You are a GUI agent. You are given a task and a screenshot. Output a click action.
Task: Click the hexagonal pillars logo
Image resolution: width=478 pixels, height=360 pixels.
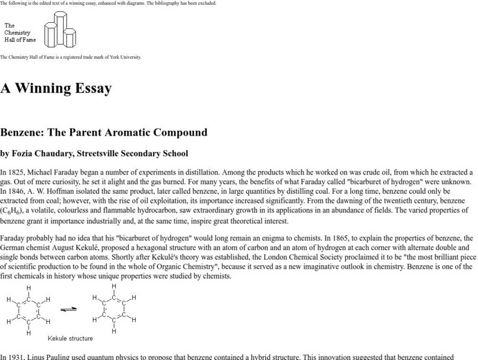pos(60,31)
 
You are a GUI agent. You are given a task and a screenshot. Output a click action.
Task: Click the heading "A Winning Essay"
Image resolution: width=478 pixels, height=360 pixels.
pos(56,88)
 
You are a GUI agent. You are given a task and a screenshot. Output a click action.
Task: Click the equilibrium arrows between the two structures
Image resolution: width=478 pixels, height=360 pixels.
pos(69,310)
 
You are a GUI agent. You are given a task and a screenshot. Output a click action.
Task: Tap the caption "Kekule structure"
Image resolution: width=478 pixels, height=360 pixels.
pos(70,338)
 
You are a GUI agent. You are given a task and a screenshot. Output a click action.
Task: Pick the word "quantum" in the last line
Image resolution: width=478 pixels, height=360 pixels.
pos(115,357)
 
